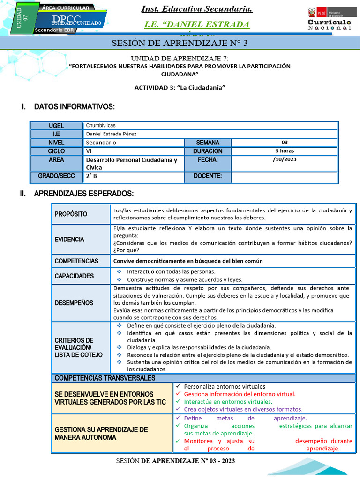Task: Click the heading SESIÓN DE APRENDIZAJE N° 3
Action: tap(180, 44)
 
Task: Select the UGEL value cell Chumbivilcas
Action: tap(101, 126)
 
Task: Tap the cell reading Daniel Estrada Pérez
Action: tap(112, 134)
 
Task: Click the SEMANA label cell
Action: tap(207, 142)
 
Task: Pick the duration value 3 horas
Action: tap(285, 151)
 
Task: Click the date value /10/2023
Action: tap(285, 159)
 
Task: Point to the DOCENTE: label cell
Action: tap(207, 176)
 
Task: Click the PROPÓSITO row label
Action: tap(71, 214)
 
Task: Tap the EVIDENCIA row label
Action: tap(69, 240)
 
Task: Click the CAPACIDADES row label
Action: tap(74, 276)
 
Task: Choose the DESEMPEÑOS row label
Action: tap(74, 303)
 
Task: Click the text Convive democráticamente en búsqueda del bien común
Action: tap(188, 261)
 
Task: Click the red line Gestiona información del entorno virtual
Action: tap(240, 394)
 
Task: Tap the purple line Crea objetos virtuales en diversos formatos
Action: tap(243, 409)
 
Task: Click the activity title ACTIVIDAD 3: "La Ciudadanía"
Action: tap(180, 88)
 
